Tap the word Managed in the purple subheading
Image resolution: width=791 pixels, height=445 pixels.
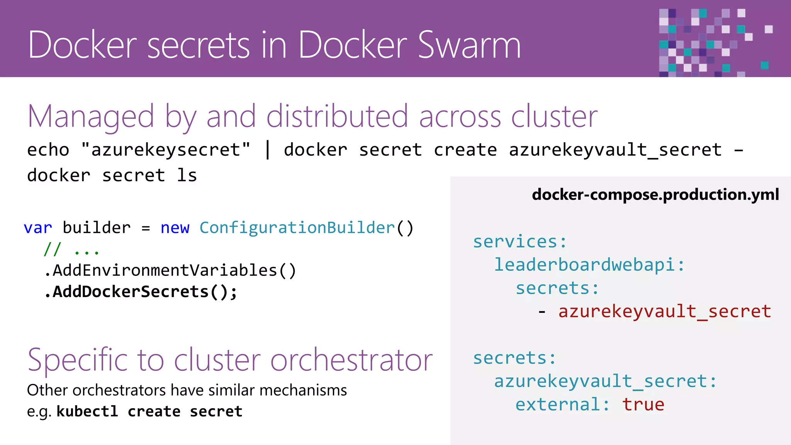click(x=91, y=116)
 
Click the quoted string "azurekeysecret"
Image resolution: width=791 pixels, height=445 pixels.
click(x=166, y=149)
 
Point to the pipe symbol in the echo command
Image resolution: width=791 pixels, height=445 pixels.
click(x=267, y=149)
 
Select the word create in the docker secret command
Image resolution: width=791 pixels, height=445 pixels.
click(x=465, y=149)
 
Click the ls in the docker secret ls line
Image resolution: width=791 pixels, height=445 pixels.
click(x=187, y=175)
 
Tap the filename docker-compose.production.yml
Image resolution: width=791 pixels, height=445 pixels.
click(x=655, y=194)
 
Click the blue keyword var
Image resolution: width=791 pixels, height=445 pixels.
click(x=37, y=228)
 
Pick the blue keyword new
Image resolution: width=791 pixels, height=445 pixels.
click(x=175, y=228)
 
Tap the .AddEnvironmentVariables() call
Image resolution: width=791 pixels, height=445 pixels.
click(x=170, y=270)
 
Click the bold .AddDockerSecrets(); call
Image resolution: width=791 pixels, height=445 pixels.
click(x=141, y=292)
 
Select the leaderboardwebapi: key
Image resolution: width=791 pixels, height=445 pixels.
click(x=589, y=265)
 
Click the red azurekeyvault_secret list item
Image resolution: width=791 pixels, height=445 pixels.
click(x=664, y=311)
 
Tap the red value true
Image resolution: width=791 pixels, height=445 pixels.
click(x=643, y=404)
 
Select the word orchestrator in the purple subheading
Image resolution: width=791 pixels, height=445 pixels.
click(x=351, y=360)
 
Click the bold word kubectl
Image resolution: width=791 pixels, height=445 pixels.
click(x=87, y=411)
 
